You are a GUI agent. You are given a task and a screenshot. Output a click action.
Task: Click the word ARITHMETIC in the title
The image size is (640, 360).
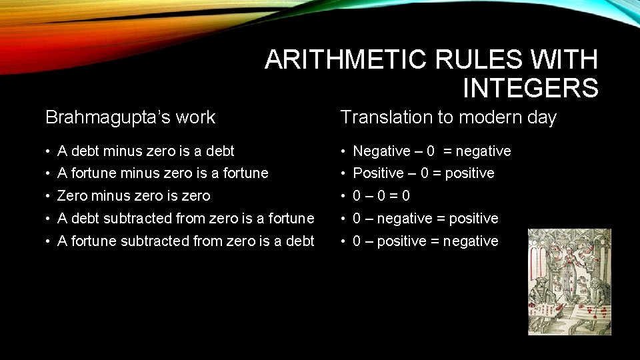coord(345,61)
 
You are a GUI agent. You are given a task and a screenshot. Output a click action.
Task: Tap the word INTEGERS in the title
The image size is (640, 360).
coord(530,88)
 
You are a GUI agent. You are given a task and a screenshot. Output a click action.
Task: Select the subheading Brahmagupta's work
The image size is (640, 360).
coord(130,117)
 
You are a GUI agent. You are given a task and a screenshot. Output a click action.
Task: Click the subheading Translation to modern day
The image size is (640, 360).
coord(448,117)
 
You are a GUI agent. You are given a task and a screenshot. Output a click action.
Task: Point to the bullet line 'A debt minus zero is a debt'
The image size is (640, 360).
coord(146,151)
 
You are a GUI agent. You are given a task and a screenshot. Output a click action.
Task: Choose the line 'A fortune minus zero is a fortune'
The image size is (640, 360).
coord(163,173)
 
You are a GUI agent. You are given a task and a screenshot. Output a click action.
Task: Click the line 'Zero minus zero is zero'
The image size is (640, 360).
coord(133,196)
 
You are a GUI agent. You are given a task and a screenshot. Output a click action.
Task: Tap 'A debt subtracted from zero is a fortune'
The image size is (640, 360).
coord(185,219)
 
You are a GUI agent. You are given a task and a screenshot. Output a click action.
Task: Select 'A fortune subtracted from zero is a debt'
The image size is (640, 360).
coord(185,241)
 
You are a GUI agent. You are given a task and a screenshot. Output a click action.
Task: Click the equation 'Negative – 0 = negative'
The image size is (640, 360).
coord(431,151)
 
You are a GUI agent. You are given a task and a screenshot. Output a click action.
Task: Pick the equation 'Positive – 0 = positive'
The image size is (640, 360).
coord(423,173)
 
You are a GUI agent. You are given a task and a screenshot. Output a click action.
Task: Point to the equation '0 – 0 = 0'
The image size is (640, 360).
coord(381,196)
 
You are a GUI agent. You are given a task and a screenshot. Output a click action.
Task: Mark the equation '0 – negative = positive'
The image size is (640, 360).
coord(425,219)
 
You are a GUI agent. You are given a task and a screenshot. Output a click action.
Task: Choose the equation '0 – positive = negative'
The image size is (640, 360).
coord(425,241)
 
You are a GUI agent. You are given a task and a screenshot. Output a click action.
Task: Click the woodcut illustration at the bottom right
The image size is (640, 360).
coord(569,281)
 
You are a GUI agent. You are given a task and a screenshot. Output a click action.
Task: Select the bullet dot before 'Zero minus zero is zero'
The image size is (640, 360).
coord(49,196)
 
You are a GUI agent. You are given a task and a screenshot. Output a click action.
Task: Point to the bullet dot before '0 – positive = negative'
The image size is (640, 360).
coord(344,241)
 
